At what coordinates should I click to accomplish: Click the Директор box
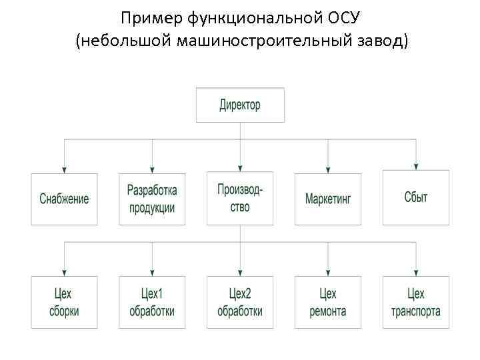240,105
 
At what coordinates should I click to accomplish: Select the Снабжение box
64,199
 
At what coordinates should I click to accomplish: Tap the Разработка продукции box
152,199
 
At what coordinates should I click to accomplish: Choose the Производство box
240,198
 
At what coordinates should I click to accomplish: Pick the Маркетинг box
328,199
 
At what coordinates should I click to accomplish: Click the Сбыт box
416,197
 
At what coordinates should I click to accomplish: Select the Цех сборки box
64,302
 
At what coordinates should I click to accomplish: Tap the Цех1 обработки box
152,302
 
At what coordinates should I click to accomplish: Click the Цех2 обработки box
240,302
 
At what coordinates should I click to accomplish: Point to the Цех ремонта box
328,302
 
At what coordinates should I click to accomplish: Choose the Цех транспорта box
416,302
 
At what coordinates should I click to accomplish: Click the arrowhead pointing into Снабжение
64,167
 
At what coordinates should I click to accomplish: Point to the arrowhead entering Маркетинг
328,167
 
